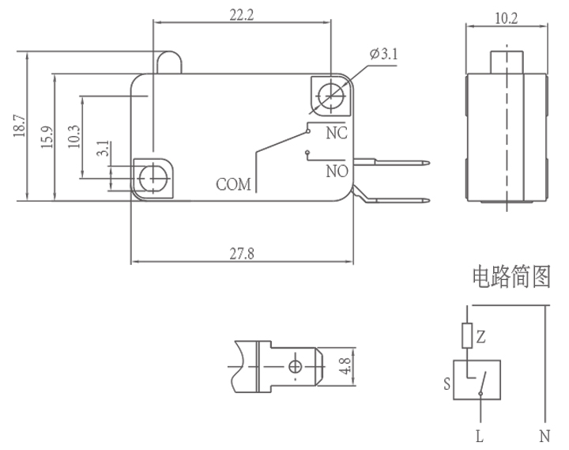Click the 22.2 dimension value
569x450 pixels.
237,16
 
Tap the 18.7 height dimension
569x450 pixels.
19,126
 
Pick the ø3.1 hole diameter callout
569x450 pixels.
384,55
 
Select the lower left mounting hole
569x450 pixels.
150,175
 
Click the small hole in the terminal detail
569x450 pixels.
296,367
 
